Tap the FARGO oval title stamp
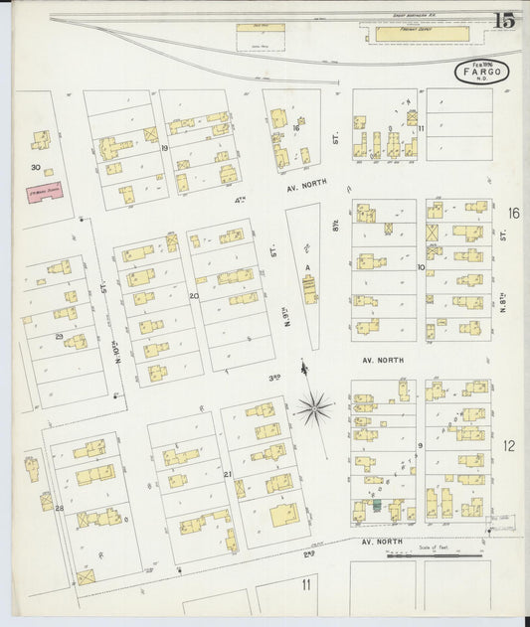(483, 71)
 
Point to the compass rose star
(314, 405)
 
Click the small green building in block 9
(376, 506)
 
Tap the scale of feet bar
(438, 555)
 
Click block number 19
(164, 147)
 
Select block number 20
(194, 295)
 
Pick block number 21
(227, 474)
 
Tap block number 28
(59, 509)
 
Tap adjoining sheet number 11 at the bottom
(307, 584)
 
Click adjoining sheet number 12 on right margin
(509, 445)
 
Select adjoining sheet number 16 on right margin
(513, 214)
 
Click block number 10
(421, 267)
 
